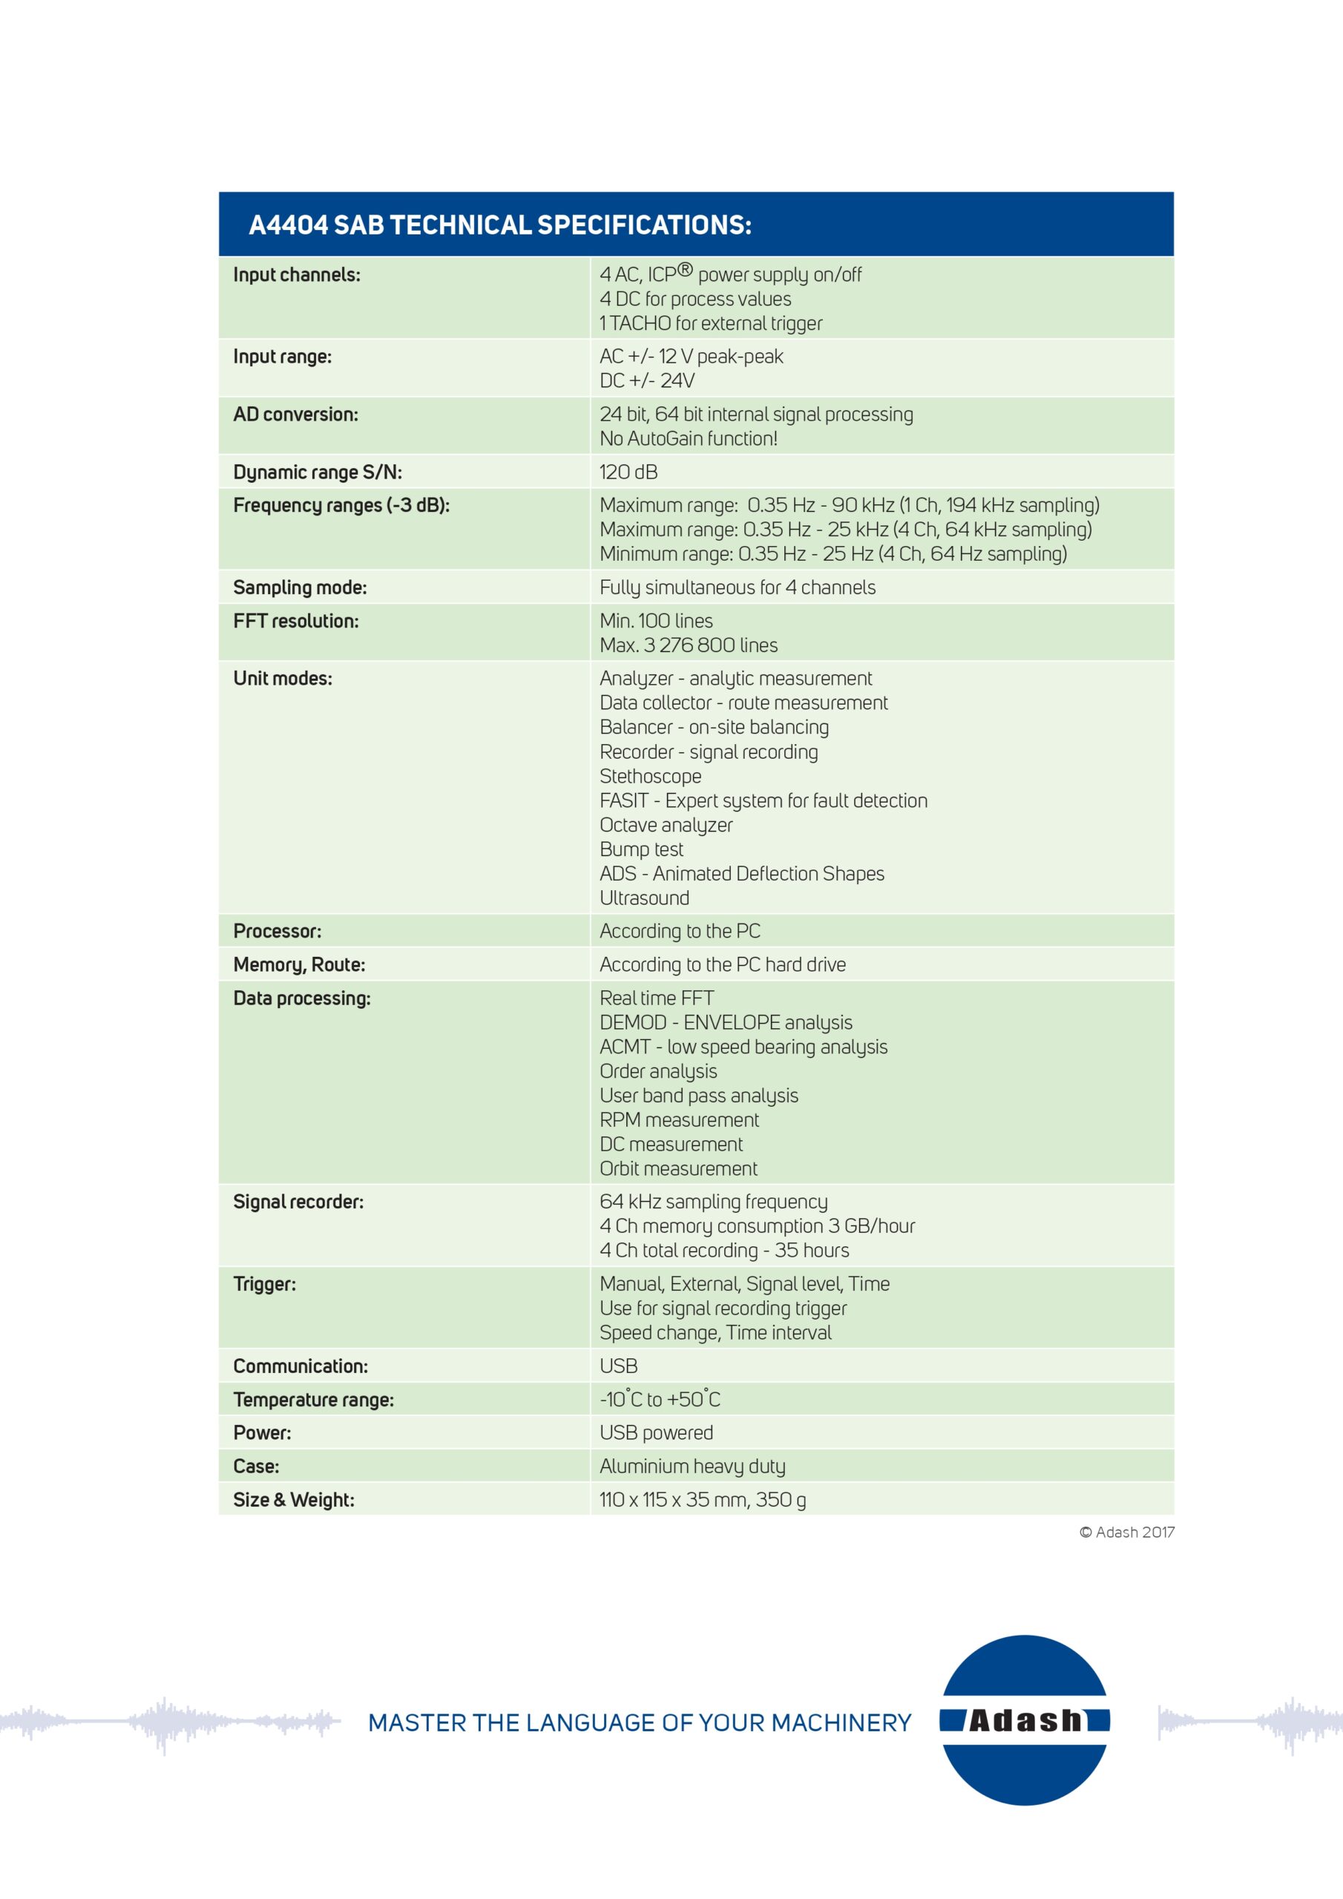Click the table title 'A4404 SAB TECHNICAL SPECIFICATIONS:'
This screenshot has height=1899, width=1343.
pyautogui.click(x=500, y=225)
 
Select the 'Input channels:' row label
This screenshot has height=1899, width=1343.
pyautogui.click(x=296, y=274)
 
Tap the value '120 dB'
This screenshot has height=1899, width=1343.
pyautogui.click(x=628, y=473)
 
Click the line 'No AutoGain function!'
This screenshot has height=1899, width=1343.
pyautogui.click(x=689, y=438)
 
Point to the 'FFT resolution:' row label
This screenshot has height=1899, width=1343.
pyautogui.click(x=295, y=621)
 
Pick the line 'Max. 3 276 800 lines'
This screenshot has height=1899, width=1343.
pyautogui.click(x=689, y=645)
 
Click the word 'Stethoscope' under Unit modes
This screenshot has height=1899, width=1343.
pyautogui.click(x=651, y=776)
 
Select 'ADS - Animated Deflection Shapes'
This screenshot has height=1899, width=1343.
pyautogui.click(x=741, y=873)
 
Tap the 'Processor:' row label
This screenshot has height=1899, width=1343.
pyautogui.click(x=278, y=931)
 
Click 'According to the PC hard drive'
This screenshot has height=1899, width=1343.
pyautogui.click(x=723, y=964)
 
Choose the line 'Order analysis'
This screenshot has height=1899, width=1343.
pyautogui.click(x=658, y=1071)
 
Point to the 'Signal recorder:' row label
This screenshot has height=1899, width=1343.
pyautogui.click(x=298, y=1202)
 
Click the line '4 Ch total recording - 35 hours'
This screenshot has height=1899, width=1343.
pyautogui.click(x=724, y=1251)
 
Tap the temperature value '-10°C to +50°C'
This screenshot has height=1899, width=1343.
pyautogui.click(x=660, y=1400)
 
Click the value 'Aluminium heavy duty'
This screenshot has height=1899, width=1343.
pyautogui.click(x=692, y=1467)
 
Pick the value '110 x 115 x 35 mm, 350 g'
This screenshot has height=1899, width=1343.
pyautogui.click(x=703, y=1499)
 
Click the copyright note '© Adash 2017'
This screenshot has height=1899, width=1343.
pyautogui.click(x=1126, y=1533)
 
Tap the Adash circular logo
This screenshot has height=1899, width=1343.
pyautogui.click(x=1025, y=1720)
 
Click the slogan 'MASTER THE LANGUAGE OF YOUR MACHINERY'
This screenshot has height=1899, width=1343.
pyautogui.click(x=639, y=1723)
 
